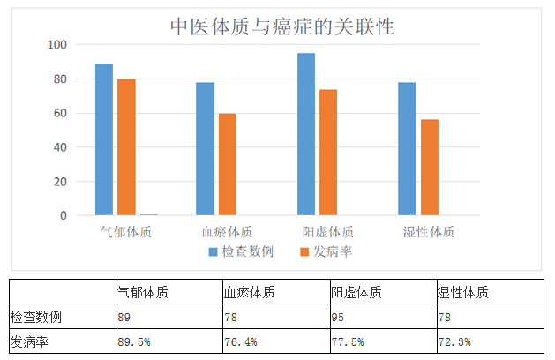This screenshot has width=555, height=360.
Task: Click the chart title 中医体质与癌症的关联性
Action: coord(281,27)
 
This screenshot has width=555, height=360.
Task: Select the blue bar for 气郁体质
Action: coord(104,139)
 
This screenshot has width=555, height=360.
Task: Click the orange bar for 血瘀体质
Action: coord(227,164)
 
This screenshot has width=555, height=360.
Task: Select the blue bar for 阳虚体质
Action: coord(306,134)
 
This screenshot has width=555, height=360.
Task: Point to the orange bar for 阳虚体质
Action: coord(328,152)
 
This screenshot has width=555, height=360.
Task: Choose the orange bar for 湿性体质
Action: coord(429,167)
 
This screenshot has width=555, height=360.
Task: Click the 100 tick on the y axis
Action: coord(57,45)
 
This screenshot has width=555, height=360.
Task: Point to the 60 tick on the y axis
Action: coord(60,113)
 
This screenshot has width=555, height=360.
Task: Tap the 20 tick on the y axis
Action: coord(60,182)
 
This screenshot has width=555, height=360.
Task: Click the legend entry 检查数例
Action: coord(240,251)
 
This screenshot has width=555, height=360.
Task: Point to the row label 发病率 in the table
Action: coord(28,342)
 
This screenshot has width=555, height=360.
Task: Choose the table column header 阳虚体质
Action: coord(356,292)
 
